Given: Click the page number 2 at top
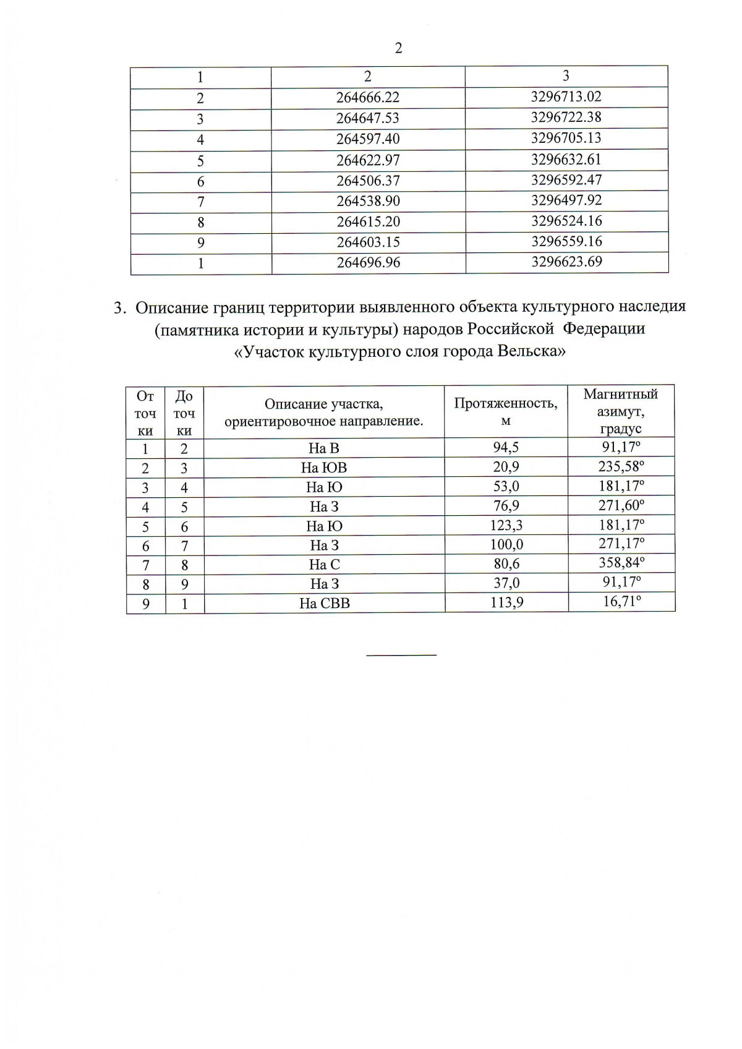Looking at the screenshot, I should (398, 48).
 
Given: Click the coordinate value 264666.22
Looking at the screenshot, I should (368, 97).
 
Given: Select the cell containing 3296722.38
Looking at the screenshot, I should (566, 118).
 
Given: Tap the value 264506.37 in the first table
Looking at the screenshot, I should (368, 181).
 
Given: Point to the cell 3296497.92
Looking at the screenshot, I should (566, 200).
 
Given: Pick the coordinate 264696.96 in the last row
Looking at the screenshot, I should (368, 262).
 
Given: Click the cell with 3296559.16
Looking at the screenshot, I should (566, 241).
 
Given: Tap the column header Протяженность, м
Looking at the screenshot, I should (505, 411).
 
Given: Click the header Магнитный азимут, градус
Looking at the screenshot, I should (620, 411).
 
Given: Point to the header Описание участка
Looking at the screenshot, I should (323, 405).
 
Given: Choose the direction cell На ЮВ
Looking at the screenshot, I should (323, 468).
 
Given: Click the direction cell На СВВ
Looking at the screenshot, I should (324, 603).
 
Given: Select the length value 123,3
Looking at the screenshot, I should (505, 526).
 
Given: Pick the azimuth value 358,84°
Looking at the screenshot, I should (621, 563).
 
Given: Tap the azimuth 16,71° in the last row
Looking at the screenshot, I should (621, 602).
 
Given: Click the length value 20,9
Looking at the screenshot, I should (505, 468).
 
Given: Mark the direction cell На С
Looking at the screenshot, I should (324, 564).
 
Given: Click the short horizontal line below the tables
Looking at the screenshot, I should (401, 654).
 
